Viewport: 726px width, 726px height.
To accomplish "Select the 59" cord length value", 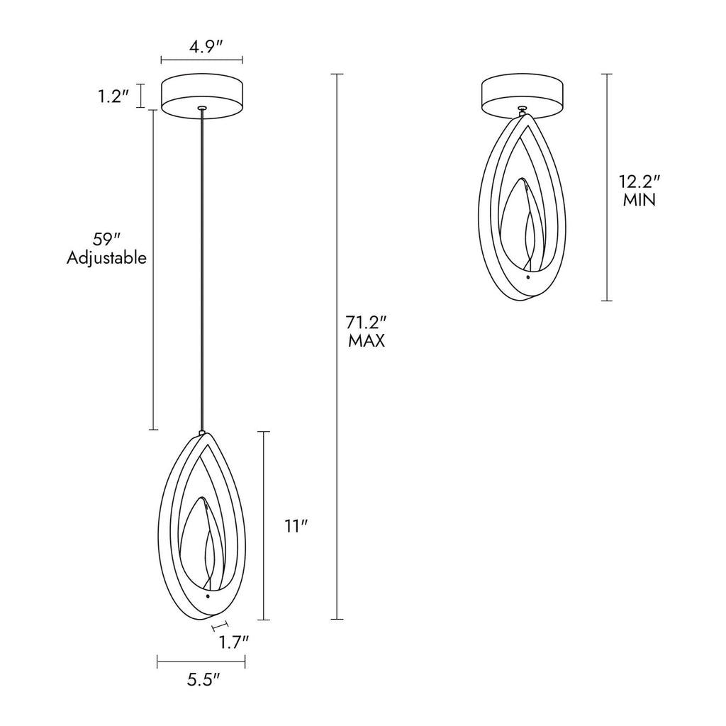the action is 106,240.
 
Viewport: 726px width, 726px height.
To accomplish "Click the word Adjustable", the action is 106,258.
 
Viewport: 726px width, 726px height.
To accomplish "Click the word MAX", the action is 367,341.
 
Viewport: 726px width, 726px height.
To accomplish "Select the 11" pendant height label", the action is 296,526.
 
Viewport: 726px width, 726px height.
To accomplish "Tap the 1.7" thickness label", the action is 234,642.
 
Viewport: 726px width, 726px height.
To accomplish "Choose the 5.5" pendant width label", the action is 203,679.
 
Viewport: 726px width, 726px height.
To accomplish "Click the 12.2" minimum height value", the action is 639,181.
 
